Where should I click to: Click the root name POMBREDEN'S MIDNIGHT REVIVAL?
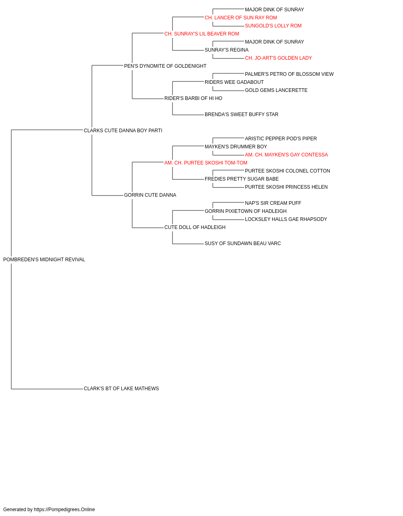click(x=44, y=260)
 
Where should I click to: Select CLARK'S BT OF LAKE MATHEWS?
click(x=121, y=389)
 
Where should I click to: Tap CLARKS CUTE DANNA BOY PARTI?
click(x=123, y=131)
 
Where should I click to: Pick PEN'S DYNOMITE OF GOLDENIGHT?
click(x=165, y=66)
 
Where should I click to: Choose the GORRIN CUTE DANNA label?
click(x=150, y=195)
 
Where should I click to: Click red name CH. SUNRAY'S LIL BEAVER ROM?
click(x=202, y=34)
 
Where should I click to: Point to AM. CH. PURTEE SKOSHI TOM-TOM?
click(x=206, y=162)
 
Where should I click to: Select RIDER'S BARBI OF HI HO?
click(x=193, y=98)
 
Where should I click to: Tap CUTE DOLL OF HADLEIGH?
click(x=195, y=227)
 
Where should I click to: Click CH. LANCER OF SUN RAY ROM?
click(x=241, y=18)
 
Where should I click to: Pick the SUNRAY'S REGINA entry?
click(x=226, y=50)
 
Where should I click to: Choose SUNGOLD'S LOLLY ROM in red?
click(x=273, y=26)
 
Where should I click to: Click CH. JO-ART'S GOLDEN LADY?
click(x=278, y=58)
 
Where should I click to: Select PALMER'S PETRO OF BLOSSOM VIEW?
click(x=289, y=74)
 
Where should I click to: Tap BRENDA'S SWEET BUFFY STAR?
click(x=241, y=114)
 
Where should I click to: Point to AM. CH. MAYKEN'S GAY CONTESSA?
click(x=286, y=154)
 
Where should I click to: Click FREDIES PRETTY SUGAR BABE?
click(x=242, y=179)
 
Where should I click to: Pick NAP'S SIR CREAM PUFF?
click(x=273, y=203)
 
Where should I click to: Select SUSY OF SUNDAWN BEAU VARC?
click(x=243, y=243)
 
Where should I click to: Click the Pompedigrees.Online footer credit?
click(x=49, y=510)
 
